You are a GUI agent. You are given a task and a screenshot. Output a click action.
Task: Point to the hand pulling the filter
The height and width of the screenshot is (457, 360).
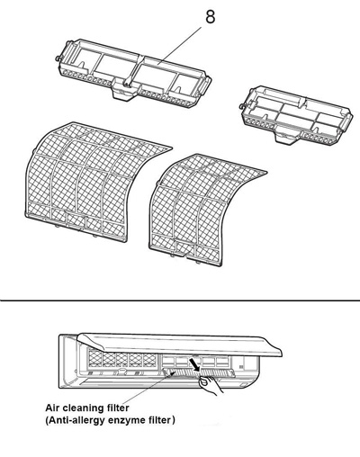point(210,387)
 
